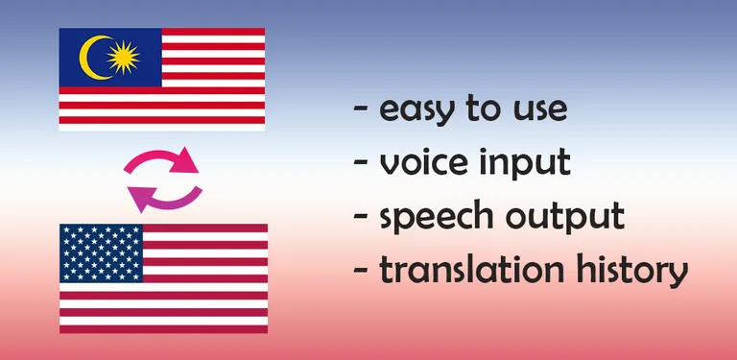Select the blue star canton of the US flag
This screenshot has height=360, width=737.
point(101,253)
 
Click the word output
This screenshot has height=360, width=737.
point(574,217)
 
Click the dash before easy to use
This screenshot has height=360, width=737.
point(362,109)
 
